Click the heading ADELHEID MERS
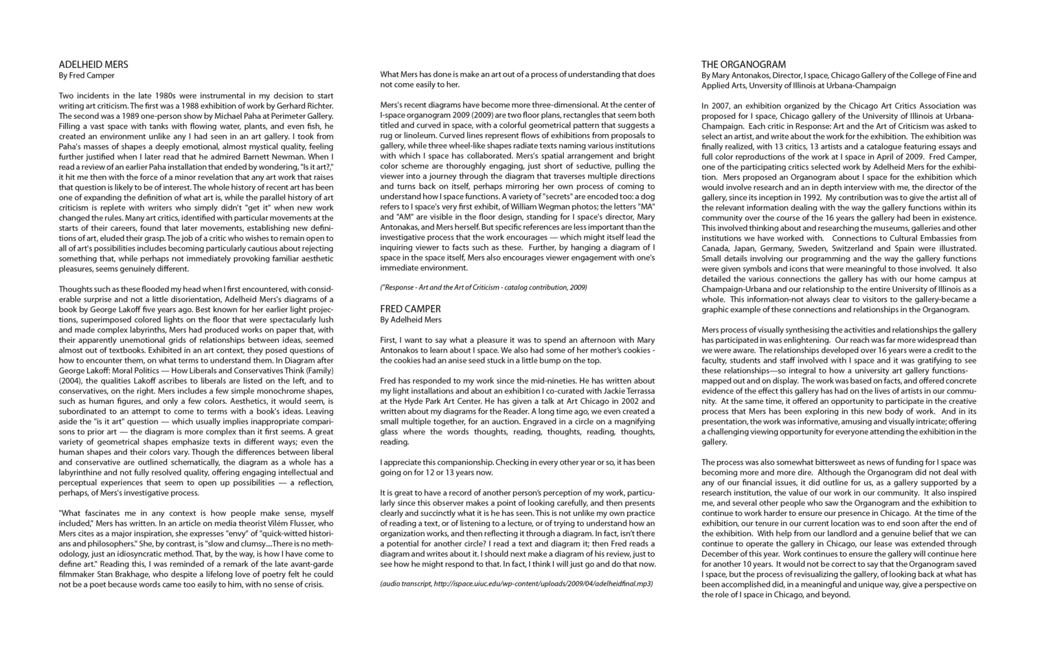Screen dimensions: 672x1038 93,65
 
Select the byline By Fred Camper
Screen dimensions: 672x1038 87,76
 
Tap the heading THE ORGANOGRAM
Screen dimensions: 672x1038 743,65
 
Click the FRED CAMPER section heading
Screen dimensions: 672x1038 410,309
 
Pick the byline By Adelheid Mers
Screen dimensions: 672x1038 411,320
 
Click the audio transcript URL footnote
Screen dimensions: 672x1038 516,583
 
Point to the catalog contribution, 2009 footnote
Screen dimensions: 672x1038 484,287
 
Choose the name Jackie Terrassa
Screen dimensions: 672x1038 624,390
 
